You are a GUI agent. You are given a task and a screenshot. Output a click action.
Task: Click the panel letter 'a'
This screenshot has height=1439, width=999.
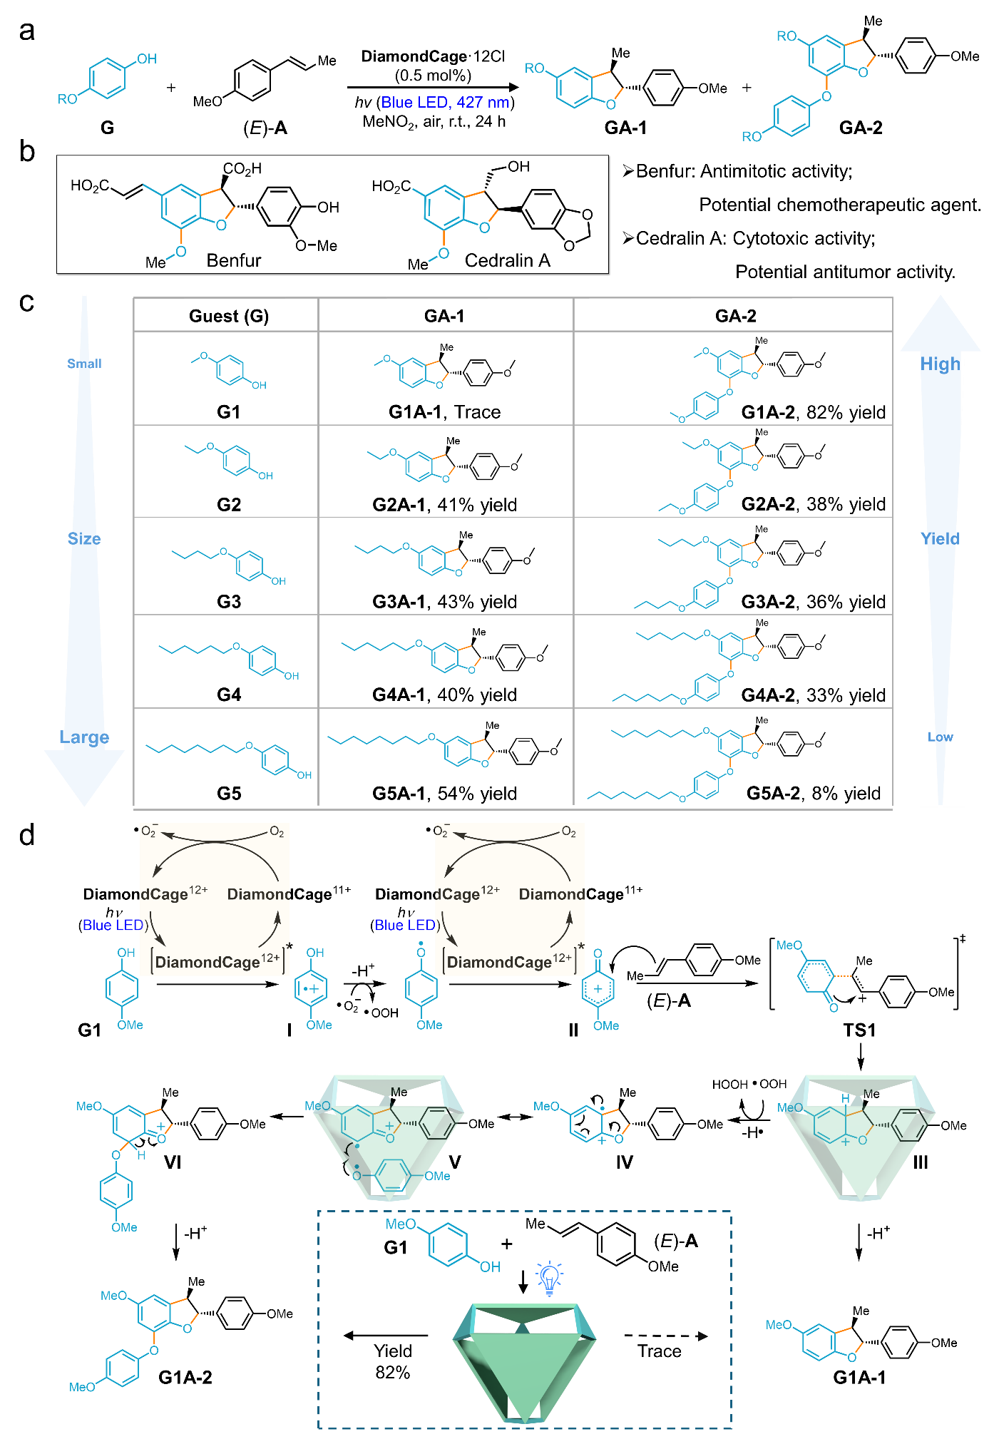pos(27,31)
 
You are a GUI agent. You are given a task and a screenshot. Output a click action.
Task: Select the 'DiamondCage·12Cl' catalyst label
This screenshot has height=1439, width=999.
pos(433,56)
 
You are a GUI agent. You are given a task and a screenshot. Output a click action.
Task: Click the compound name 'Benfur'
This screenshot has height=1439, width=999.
pos(234,260)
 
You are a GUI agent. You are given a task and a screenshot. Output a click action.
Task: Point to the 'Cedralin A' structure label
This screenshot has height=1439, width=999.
pos(508,260)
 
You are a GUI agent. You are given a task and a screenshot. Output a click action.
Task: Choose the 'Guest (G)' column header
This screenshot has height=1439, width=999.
pos(229,316)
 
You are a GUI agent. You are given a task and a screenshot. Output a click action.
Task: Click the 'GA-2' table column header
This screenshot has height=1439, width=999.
pos(736,316)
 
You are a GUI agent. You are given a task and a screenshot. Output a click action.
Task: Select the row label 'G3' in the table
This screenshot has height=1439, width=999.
pos(229,602)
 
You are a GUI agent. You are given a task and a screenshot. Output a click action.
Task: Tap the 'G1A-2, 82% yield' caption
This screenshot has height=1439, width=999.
pos(814,412)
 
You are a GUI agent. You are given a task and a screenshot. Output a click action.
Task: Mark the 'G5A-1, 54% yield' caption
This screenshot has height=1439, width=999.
pos(445,793)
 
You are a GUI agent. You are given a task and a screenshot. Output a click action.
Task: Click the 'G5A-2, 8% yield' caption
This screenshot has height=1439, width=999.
pos(814,793)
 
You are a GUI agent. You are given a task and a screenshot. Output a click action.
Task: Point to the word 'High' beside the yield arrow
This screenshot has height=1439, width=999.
pos(940,364)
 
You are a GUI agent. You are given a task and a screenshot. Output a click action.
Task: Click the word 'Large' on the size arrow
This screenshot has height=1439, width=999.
pos(84,737)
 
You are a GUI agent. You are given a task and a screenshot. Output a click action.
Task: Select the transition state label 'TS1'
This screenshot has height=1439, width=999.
pos(859,1030)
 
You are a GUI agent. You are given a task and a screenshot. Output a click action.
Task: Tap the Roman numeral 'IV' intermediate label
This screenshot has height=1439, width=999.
pos(624,1162)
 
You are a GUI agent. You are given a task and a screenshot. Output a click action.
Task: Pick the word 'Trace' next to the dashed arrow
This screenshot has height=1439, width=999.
pos(660,1351)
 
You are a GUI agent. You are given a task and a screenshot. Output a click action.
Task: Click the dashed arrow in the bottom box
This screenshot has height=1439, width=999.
pos(666,1336)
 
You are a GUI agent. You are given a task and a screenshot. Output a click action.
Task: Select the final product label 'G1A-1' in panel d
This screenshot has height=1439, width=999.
pos(859,1377)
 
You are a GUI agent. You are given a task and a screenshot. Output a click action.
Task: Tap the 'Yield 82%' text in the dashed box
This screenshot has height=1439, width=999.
pos(393,1361)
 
